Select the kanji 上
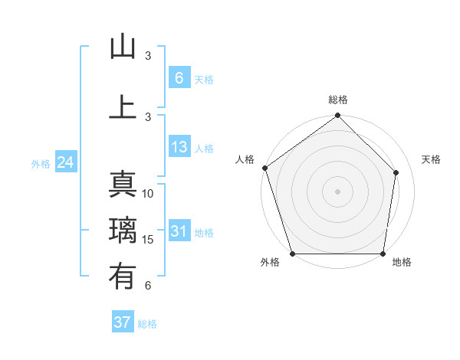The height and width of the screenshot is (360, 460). tap(123, 106)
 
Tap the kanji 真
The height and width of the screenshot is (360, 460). tap(123, 185)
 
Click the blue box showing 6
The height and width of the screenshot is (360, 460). tap(179, 78)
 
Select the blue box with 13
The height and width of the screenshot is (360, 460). tap(179, 147)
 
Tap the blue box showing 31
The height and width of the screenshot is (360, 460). tap(179, 231)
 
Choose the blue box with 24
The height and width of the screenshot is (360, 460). tap(65, 162)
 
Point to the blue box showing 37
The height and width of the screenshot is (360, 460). tap(123, 322)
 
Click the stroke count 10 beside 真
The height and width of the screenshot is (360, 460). tap(148, 194)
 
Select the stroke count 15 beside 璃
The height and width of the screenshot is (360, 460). tap(148, 240)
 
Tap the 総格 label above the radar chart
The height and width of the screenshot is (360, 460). tap(338, 100)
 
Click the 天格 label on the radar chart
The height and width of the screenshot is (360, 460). tap(431, 159)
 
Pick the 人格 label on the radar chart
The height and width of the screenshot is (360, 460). tap(245, 159)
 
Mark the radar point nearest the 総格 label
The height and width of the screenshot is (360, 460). tap(338, 116)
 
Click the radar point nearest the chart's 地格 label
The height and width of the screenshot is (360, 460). tap(383, 254)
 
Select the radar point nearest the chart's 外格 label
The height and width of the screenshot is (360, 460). tap(292, 254)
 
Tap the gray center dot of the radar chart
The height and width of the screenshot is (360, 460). tap(338, 191)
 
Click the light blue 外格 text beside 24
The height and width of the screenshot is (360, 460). tap(40, 163)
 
